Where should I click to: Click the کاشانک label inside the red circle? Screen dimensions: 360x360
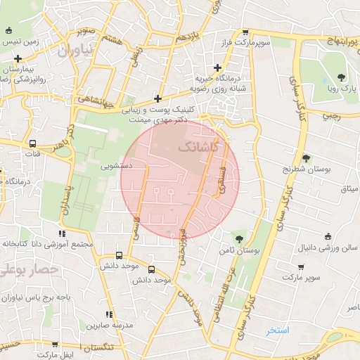(199, 148)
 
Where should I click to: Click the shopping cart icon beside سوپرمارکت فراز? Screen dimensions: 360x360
(244, 32)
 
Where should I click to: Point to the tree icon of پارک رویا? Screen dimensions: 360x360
(341, 77)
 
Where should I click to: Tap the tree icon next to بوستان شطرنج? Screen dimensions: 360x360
(306, 158)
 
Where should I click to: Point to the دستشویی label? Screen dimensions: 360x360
(116, 167)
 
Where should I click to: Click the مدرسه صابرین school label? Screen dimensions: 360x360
(106, 326)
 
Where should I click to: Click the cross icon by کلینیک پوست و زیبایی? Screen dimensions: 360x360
(157, 99)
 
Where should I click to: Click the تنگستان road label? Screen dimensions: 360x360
(102, 349)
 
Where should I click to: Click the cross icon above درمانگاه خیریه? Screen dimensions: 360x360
(217, 67)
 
